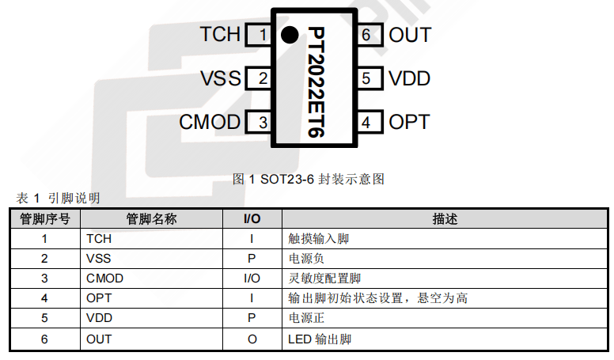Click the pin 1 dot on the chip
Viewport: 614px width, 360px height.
click(x=290, y=35)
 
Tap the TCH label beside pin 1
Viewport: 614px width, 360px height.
click(x=220, y=34)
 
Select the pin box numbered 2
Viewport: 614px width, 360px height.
click(x=259, y=78)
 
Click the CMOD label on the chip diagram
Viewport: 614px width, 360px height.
click(x=210, y=122)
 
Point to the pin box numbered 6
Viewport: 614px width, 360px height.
click(x=370, y=35)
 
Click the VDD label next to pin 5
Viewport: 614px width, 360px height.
click(x=410, y=78)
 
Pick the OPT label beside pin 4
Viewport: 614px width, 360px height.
click(x=409, y=122)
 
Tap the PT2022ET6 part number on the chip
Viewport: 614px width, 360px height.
click(x=316, y=81)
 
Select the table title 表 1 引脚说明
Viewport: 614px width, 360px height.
click(x=58, y=198)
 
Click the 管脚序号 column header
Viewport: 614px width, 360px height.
click(x=45, y=219)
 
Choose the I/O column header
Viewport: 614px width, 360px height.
click(x=252, y=219)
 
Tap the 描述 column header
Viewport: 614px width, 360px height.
click(x=445, y=219)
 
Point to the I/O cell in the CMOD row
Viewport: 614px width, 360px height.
click(x=252, y=279)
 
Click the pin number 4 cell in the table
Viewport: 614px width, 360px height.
click(x=44, y=298)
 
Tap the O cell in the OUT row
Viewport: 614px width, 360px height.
click(x=252, y=339)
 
